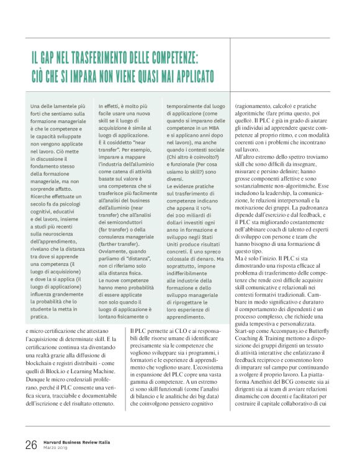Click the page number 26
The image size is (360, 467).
pyautogui.click(x=31, y=445)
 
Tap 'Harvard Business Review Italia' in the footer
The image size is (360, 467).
pyautogui.click(x=81, y=442)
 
